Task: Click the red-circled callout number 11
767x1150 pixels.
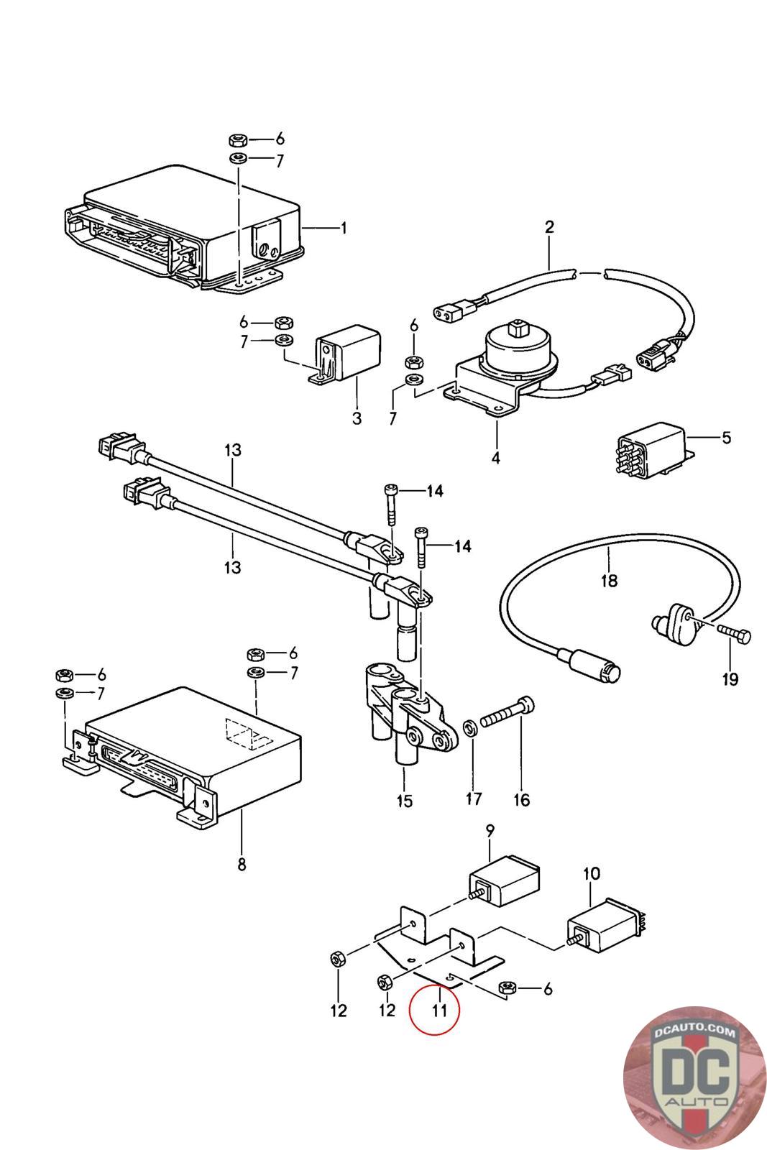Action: [439, 1010]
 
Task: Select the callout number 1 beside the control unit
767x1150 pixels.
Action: [344, 229]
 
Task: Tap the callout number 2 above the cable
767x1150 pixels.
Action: [549, 227]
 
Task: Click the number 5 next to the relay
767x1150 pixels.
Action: [727, 437]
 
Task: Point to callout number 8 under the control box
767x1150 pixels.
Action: [242, 864]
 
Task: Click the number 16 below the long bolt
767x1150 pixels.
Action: [521, 799]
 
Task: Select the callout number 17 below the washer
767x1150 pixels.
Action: [474, 799]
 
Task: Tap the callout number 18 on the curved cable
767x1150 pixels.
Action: [609, 580]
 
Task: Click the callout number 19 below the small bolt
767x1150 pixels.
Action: [730, 678]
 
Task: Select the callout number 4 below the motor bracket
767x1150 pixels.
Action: [496, 457]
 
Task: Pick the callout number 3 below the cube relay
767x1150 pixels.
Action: [357, 418]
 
